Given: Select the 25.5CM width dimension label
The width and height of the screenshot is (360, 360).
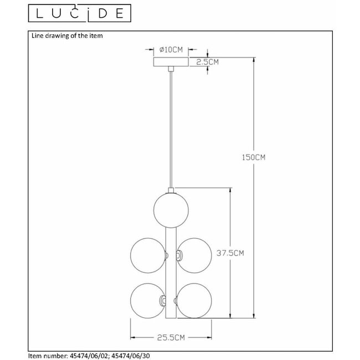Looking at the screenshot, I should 171,336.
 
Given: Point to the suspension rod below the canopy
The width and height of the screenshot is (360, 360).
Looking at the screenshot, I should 170,127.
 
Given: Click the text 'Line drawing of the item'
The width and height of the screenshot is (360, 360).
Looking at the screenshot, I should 65,36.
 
